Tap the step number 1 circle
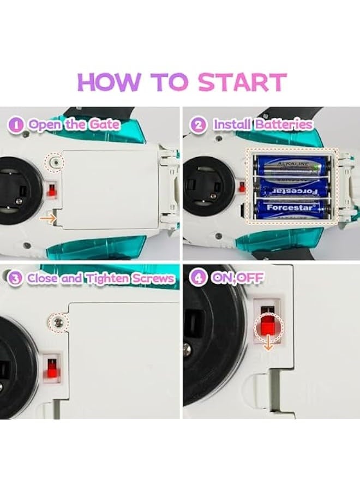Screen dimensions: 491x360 point(18,124)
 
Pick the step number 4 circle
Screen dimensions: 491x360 point(197,278)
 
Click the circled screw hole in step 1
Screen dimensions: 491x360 point(54,162)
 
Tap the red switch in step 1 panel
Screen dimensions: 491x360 point(52,190)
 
